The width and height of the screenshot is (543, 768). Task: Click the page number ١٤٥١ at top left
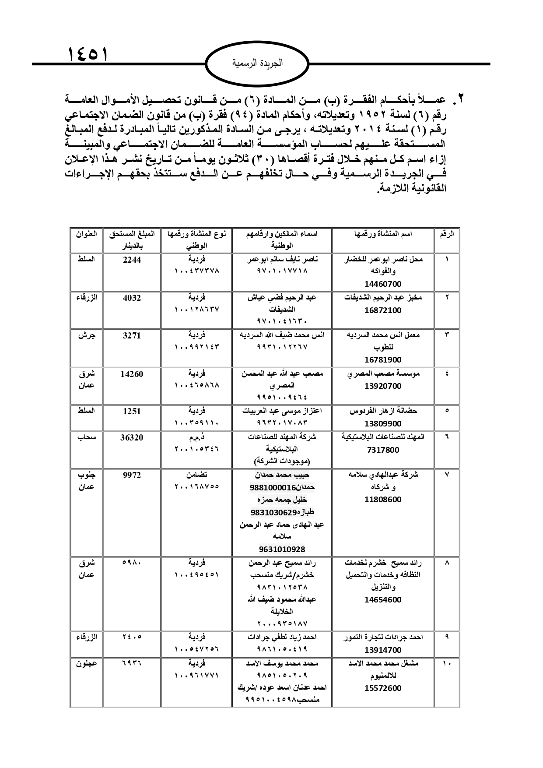click(x=87, y=55)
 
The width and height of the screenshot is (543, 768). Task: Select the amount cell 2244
click(x=132, y=260)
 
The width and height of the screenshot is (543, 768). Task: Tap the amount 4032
click(x=132, y=298)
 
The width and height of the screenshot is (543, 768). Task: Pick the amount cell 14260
click(x=132, y=374)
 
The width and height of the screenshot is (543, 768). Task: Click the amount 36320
click(x=132, y=437)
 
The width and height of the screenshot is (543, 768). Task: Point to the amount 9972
click(x=132, y=475)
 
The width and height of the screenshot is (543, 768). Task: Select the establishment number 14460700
click(x=383, y=284)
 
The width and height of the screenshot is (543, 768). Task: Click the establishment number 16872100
click(x=383, y=310)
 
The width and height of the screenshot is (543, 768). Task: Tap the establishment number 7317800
click(x=383, y=450)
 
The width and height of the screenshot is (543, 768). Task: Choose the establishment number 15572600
click(x=383, y=688)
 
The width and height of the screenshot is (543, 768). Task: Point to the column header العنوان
click(x=86, y=234)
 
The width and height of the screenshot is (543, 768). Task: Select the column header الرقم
click(x=447, y=234)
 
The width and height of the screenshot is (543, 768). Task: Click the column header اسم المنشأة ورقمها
click(x=383, y=234)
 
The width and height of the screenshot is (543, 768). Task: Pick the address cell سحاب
click(x=87, y=437)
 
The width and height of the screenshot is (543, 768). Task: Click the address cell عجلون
click(x=86, y=663)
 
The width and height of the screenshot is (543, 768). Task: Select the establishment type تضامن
click(x=196, y=475)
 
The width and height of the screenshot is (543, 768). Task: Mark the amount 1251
click(x=132, y=412)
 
